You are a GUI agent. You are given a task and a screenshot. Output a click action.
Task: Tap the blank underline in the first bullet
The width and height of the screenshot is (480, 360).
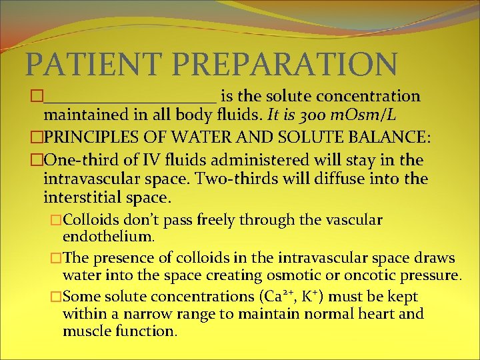tap(130, 99)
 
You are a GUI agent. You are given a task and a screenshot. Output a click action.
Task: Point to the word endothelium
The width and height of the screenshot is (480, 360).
tap(108, 236)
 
